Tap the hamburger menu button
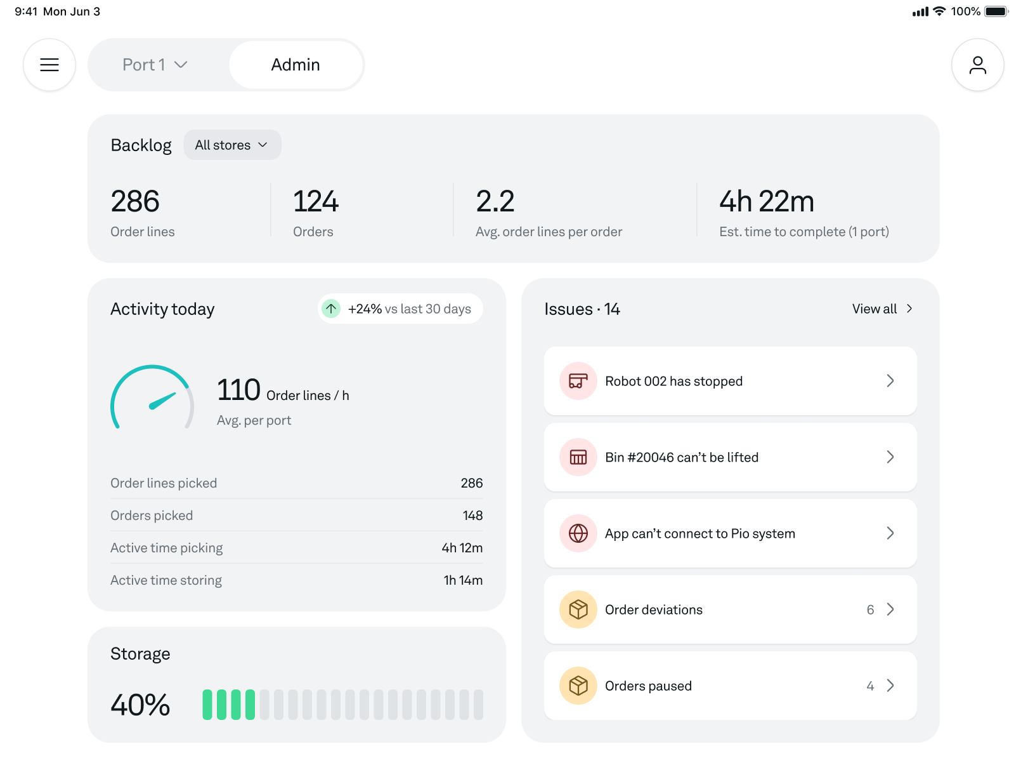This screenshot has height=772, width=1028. pyautogui.click(x=49, y=65)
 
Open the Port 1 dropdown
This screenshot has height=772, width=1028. pyautogui.click(x=155, y=65)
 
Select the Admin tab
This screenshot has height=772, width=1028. pyautogui.click(x=296, y=65)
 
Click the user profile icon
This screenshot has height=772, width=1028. pyautogui.click(x=977, y=65)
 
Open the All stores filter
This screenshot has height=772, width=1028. pyautogui.click(x=232, y=145)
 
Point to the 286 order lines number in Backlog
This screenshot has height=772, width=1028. pyautogui.click(x=135, y=201)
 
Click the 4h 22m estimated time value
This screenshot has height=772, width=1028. pyautogui.click(x=766, y=201)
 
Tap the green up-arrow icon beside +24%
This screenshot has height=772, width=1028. pyautogui.click(x=331, y=309)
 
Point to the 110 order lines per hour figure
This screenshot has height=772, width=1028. pyautogui.click(x=238, y=390)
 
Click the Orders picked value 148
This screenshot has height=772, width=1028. pyautogui.click(x=472, y=516)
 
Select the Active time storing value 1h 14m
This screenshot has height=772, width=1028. pyautogui.click(x=463, y=580)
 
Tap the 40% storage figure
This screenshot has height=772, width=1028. pyautogui.click(x=140, y=705)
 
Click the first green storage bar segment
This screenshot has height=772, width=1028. pyautogui.click(x=207, y=705)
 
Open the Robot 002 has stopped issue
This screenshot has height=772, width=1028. pyautogui.click(x=729, y=381)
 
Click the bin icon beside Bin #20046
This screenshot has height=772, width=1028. pyautogui.click(x=578, y=457)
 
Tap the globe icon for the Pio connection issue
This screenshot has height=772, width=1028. pyautogui.click(x=578, y=533)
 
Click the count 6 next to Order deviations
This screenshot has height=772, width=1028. pyautogui.click(x=870, y=609)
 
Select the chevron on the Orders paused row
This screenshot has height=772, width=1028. pyautogui.click(x=890, y=686)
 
